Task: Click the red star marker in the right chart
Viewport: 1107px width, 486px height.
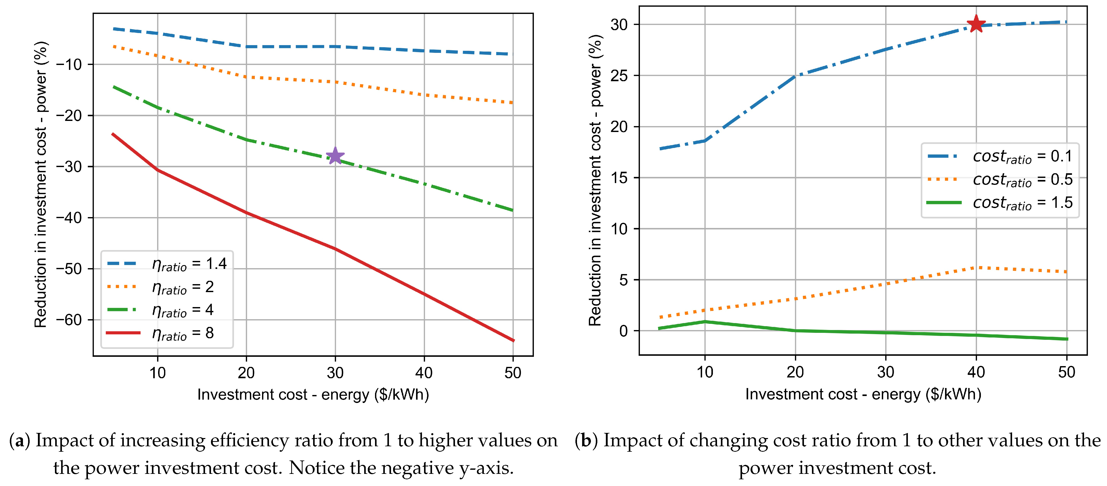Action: (x=976, y=24)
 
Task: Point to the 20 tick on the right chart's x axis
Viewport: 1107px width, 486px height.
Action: (x=795, y=372)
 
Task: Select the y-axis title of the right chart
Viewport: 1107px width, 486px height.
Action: (x=595, y=180)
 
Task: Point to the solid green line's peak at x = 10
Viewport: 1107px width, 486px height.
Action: (x=705, y=322)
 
